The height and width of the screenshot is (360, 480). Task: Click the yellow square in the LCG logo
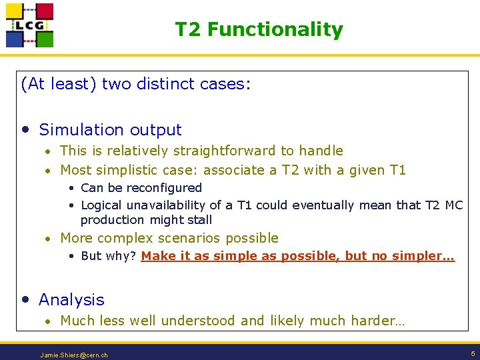15,12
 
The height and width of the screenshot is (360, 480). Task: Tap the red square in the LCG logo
44,11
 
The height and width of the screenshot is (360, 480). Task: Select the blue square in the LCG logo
15,39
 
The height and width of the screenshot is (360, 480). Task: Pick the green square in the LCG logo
44,39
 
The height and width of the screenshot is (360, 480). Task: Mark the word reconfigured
166,188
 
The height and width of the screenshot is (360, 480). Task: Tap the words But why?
109,256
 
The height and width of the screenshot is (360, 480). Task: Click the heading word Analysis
71,300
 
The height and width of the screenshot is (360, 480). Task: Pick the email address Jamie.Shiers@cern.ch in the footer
74,355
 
